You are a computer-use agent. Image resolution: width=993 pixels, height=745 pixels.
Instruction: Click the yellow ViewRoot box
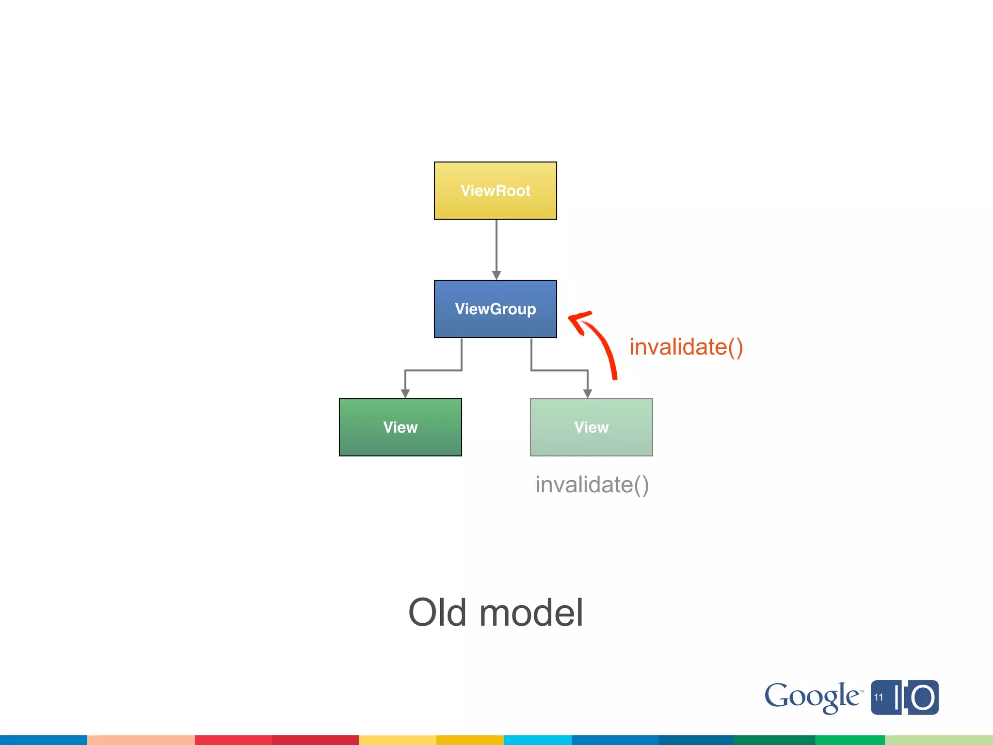[x=495, y=191]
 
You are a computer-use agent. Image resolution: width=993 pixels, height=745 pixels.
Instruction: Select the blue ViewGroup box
[x=495, y=309]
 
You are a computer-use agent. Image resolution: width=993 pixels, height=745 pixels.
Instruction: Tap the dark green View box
[x=400, y=427]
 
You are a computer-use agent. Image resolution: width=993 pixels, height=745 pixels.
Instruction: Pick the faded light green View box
[x=591, y=427]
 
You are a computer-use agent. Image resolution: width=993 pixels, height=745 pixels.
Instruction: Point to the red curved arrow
[x=604, y=347]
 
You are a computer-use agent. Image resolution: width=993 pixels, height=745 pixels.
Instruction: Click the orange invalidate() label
[x=686, y=347]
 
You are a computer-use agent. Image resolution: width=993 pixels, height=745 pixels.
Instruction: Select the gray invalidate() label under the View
[x=592, y=485]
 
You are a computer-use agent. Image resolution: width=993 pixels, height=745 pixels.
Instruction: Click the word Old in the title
[x=437, y=613]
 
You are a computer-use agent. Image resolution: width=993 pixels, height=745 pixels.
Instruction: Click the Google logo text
[x=811, y=697]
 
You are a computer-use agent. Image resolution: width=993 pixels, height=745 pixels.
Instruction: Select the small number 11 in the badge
[x=879, y=697]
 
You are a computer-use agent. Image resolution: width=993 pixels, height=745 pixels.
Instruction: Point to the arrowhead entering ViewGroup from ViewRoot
[x=496, y=275]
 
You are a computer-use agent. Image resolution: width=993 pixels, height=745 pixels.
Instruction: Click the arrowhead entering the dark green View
[x=405, y=394]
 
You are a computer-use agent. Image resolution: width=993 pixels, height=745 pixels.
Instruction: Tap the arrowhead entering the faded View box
[x=588, y=394]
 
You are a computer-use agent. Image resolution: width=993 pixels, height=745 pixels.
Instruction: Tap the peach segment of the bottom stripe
[x=141, y=740]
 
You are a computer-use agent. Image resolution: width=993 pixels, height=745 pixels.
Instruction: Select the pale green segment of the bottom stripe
[x=939, y=740]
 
